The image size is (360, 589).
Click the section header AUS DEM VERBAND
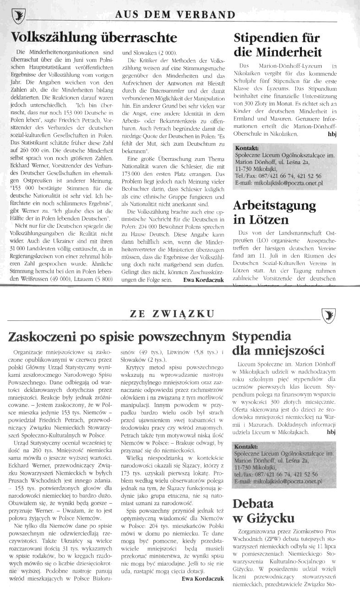point(175,14)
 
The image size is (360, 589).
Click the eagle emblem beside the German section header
point(18,16)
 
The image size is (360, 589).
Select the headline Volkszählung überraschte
point(94,37)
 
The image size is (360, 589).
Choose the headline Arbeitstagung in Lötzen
point(274,212)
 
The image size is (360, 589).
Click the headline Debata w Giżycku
point(263,511)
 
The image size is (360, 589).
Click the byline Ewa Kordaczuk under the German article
point(203,279)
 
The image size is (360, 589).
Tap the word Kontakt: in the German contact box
point(247,148)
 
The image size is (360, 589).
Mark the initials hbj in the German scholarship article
point(332,134)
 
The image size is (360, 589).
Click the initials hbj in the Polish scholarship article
point(331,431)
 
